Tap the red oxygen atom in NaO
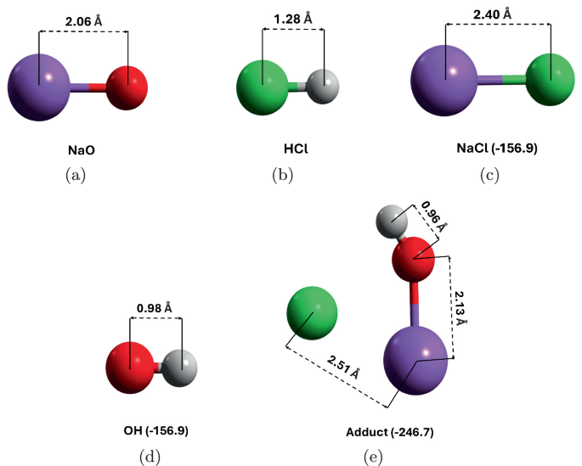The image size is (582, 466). coord(127,85)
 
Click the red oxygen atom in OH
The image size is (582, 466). coord(130,368)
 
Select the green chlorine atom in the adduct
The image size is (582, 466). coord(313,317)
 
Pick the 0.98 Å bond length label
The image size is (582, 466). coord(155,306)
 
